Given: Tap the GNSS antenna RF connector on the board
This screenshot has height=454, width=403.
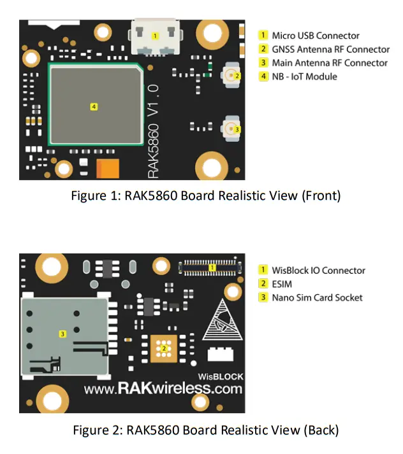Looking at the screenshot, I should point(231,76).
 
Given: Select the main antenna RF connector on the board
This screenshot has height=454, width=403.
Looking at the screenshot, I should point(231,129).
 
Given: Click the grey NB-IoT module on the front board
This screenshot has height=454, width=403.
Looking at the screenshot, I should point(94,106).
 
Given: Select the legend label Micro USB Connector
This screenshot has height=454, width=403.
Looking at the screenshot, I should point(316,36).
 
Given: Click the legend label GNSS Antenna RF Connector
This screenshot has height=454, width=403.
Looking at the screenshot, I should point(330,49).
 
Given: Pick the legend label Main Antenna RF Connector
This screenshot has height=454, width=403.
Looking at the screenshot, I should point(329,63).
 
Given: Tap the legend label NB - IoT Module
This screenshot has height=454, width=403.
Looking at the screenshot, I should point(304,76).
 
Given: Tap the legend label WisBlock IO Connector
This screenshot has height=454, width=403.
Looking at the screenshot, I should point(318,271).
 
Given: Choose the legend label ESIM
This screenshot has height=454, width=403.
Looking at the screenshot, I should point(282,284).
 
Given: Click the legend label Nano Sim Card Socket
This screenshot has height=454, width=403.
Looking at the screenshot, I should point(317,297).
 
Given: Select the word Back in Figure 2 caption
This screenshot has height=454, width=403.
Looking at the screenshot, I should point(321,430).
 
